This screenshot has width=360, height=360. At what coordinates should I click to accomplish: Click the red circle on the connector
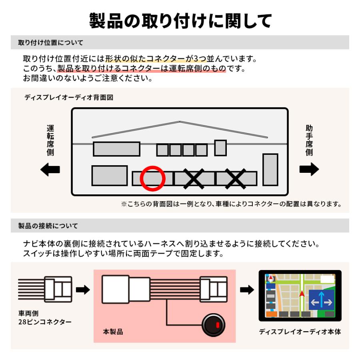coord(152,178)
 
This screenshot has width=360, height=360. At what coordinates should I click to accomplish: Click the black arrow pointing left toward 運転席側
coord(50,170)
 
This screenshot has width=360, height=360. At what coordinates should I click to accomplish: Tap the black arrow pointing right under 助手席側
coord(309,170)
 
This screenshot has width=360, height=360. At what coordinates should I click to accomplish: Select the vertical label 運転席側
coord(50,140)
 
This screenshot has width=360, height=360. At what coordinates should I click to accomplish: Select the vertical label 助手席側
coord(309,140)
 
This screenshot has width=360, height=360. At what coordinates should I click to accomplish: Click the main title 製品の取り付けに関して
coord(180,20)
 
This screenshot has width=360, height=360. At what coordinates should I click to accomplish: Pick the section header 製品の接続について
coord(48,226)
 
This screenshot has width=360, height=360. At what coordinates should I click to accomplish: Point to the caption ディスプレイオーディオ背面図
coord(68,97)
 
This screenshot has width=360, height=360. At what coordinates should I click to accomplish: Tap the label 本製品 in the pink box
coord(113,332)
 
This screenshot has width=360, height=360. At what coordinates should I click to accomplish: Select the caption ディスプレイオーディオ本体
coord(300,332)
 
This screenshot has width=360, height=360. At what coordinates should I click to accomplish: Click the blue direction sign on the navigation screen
coord(321,299)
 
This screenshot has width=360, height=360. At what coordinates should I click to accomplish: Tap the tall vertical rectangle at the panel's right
coord(270,169)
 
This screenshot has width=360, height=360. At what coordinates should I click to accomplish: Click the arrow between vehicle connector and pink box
coord(83,290)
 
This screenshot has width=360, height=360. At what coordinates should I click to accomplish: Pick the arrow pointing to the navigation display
coord(247,290)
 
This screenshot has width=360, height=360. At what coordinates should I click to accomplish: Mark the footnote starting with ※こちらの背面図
coord(231,204)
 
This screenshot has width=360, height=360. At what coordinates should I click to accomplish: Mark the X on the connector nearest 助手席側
coord(236,178)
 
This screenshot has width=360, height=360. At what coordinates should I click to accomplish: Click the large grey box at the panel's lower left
coord(109,176)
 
